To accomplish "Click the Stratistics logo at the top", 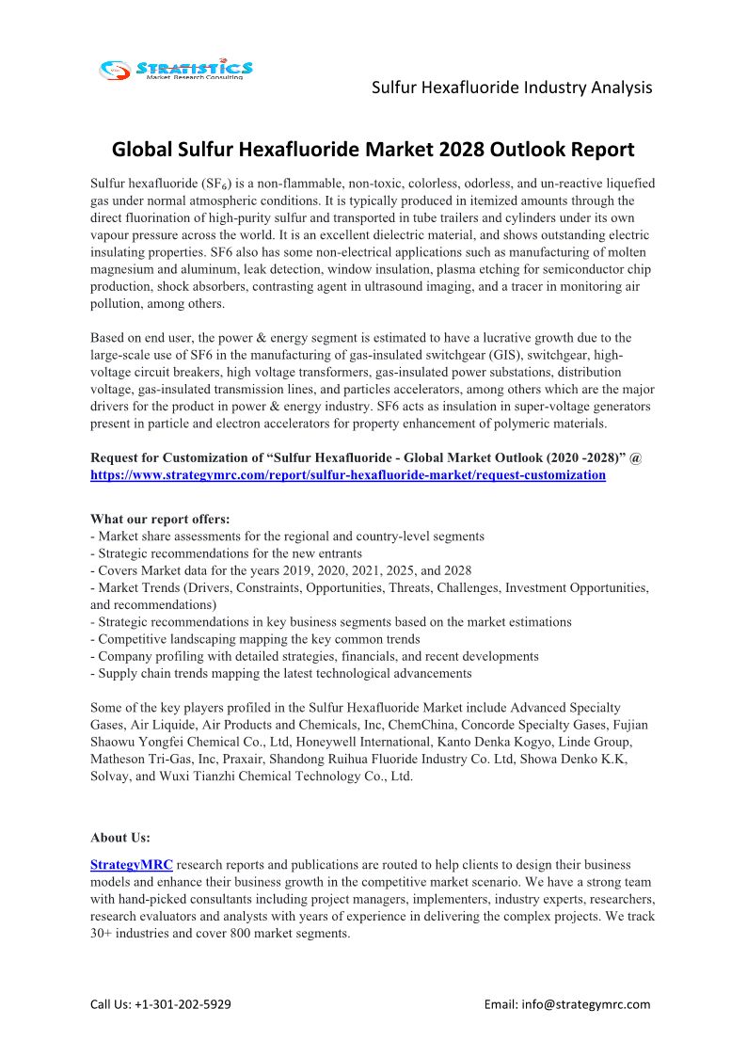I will [x=176, y=69].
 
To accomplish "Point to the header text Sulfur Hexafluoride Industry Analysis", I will [x=512, y=88].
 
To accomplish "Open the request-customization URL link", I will [x=348, y=475].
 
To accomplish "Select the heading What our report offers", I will [x=160, y=519].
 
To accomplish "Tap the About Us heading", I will [x=120, y=837].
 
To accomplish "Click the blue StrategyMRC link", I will [x=132, y=864].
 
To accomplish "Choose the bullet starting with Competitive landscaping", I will [x=255, y=639].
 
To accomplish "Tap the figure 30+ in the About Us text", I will [x=102, y=934].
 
